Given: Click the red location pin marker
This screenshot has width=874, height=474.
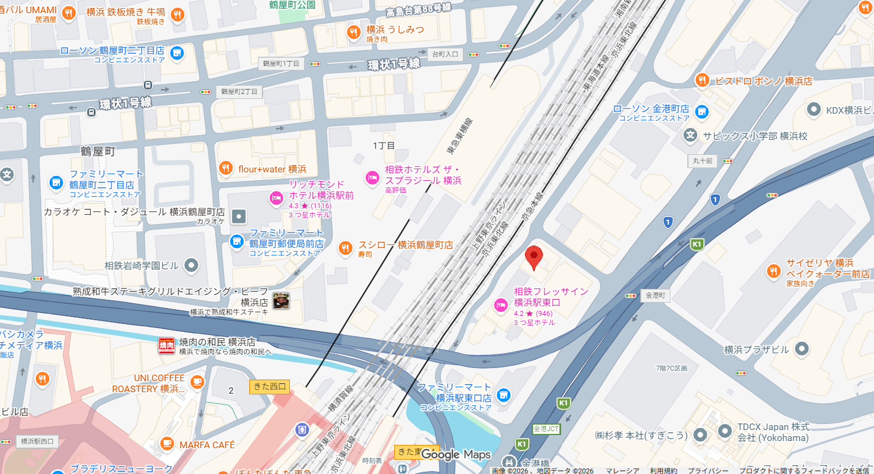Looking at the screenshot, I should (x=534, y=257).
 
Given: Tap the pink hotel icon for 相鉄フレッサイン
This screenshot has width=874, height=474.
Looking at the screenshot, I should (x=501, y=305).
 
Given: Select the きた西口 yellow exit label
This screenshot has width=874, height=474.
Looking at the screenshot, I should (x=270, y=387).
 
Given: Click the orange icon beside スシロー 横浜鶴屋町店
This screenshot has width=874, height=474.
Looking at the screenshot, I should (x=345, y=248).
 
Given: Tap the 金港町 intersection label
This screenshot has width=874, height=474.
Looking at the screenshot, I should (x=655, y=295).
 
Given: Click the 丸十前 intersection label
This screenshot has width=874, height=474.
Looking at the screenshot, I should (x=702, y=161).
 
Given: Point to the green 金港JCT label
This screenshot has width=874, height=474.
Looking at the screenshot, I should (x=546, y=429).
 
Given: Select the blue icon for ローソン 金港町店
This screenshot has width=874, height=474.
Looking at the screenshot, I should (x=702, y=112).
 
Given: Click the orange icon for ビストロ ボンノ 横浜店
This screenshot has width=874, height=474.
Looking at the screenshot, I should (x=702, y=80).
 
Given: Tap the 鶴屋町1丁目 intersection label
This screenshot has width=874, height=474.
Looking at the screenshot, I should (x=281, y=64).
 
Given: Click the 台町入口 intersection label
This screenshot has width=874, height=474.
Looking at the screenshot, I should (x=445, y=54).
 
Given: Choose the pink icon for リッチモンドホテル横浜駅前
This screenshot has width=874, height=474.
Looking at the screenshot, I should (x=276, y=198).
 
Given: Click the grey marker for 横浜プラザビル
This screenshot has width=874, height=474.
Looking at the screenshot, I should (x=802, y=348).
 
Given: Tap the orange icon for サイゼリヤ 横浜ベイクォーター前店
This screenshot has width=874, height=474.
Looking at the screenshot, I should (x=773, y=271).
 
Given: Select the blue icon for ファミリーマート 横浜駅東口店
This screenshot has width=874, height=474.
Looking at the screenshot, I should (x=503, y=395).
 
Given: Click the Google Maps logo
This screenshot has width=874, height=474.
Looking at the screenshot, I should (x=456, y=455).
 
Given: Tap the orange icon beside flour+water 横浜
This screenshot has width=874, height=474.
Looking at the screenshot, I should (x=226, y=168).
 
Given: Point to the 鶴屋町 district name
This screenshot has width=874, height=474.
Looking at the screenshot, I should (x=98, y=151).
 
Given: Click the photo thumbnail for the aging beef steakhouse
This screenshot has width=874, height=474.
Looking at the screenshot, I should (x=281, y=300).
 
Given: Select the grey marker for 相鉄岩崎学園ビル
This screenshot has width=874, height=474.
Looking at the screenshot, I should (x=191, y=265).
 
